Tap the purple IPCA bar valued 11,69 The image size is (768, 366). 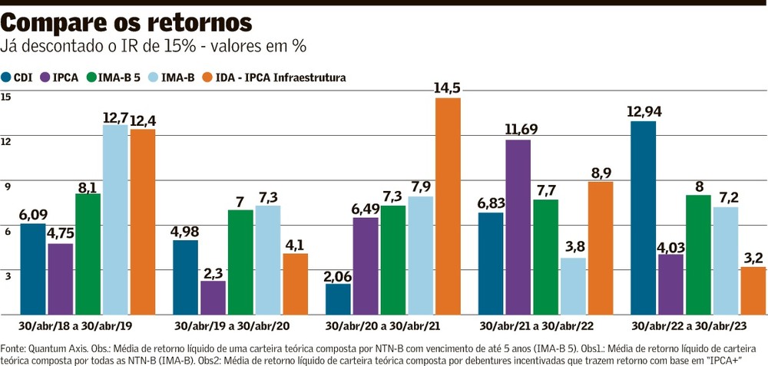[518, 226]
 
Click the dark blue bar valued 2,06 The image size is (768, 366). [338, 298]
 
